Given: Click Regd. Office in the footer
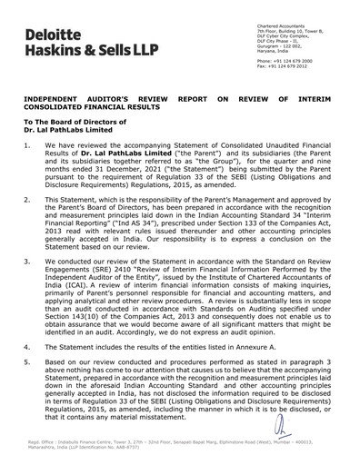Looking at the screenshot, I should point(44,447).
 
